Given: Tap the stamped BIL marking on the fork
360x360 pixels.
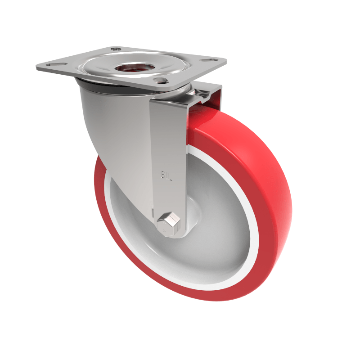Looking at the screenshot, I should (166, 174).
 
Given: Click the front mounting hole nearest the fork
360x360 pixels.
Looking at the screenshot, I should (159, 81).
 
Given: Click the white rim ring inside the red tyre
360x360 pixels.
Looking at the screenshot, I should (252, 211).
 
